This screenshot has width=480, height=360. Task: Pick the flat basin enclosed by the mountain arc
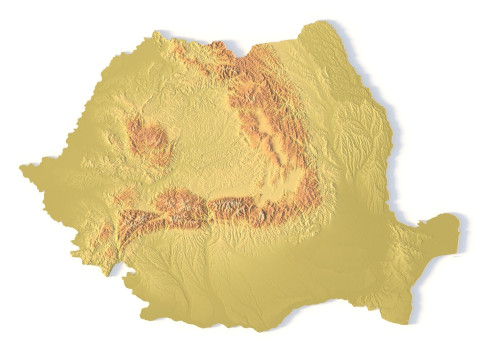tap(215, 140)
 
